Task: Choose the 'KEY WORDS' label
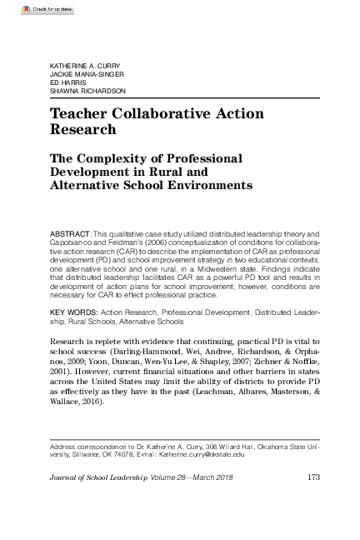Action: point(73,310)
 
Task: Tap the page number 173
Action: point(314,477)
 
